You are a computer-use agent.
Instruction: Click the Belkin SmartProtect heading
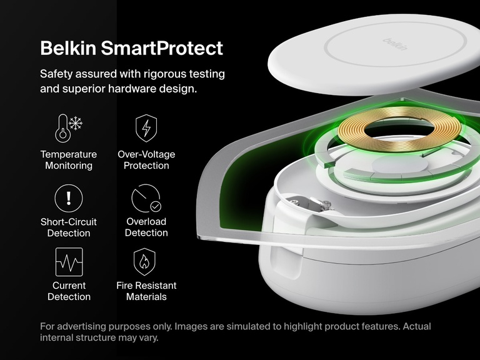[x=131, y=48]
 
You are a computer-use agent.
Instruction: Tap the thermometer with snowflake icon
[x=69, y=128]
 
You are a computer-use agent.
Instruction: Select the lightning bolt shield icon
[x=146, y=128]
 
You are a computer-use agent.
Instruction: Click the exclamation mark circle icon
[x=69, y=199]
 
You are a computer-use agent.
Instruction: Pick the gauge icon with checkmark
[x=146, y=199]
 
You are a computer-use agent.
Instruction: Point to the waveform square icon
[x=69, y=262]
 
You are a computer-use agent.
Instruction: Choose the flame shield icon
[x=146, y=262]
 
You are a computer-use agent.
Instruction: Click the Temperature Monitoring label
[x=69, y=160]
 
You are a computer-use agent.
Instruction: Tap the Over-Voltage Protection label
[x=146, y=160]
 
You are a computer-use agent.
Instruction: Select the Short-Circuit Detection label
[x=69, y=227]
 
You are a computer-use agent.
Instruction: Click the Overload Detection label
[x=146, y=227]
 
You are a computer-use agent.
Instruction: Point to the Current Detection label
[x=69, y=291]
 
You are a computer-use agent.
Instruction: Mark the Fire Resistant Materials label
[x=146, y=291]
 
